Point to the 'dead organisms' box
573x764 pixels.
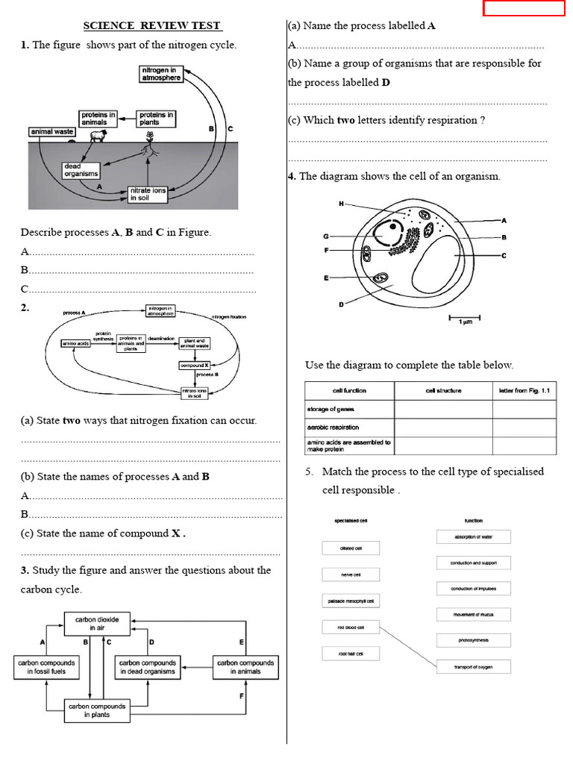(x=81, y=170)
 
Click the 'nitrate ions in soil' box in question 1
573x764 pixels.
(x=148, y=195)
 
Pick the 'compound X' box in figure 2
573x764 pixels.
(x=194, y=366)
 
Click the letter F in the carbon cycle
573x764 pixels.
(x=241, y=697)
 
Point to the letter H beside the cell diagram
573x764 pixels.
(x=341, y=204)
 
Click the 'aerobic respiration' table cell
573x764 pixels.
(x=348, y=428)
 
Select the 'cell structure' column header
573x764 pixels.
(x=443, y=390)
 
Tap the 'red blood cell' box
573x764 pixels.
(x=350, y=627)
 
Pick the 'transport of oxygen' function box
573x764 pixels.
(x=473, y=666)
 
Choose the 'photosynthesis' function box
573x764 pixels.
(x=473, y=640)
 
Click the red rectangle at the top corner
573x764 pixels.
(x=524, y=8)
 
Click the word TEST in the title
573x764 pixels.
(x=206, y=25)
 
